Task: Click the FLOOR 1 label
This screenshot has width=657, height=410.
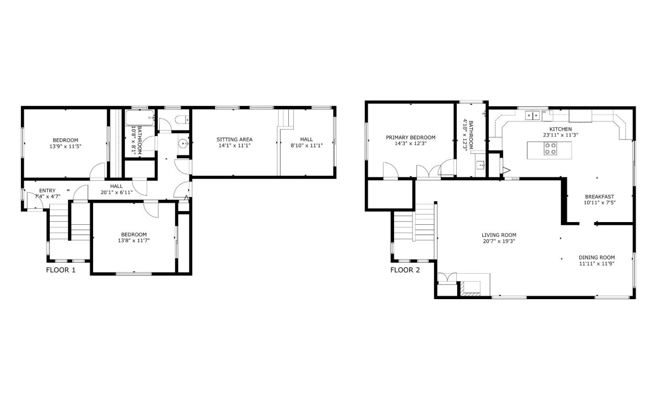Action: pyautogui.click(x=61, y=270)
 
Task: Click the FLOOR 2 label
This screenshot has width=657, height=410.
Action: pyautogui.click(x=405, y=270)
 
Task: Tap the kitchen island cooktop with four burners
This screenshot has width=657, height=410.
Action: pyautogui.click(x=550, y=149)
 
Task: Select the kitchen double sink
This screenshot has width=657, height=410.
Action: pyautogui.click(x=532, y=115)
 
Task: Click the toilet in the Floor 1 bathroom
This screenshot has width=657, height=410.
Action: pyautogui.click(x=181, y=120)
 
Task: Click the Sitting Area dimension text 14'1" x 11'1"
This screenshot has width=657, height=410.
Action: pyautogui.click(x=234, y=145)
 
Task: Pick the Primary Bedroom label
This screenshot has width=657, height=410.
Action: pyautogui.click(x=411, y=137)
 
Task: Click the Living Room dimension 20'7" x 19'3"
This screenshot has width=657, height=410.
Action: pyautogui.click(x=499, y=241)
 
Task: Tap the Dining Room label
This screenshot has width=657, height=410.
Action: pyautogui.click(x=597, y=257)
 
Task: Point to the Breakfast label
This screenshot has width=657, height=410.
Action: pyautogui.click(x=600, y=197)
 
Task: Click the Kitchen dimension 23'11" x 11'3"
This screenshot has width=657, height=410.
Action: pyautogui.click(x=560, y=135)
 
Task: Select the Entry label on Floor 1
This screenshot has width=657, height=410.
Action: pyautogui.click(x=47, y=191)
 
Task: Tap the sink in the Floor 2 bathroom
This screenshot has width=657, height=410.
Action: pyautogui.click(x=480, y=165)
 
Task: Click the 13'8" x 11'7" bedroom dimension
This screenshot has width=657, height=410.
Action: pyautogui.click(x=134, y=240)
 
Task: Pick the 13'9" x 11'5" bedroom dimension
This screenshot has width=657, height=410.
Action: pyautogui.click(x=65, y=146)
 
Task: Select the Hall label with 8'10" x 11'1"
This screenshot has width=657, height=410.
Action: pyautogui.click(x=307, y=140)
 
